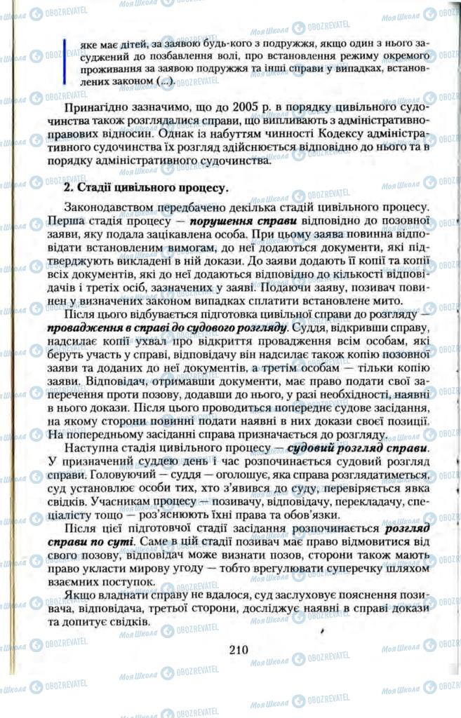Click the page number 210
[239, 649]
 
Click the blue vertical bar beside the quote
[64, 62]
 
